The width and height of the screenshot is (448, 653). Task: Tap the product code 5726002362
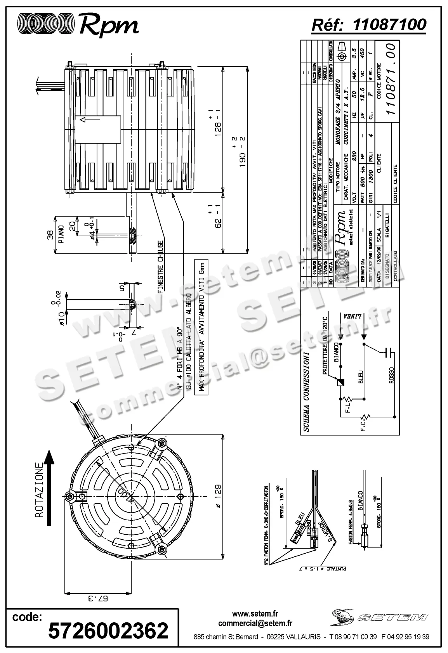click(x=108, y=630)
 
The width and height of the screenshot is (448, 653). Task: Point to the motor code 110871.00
click(x=391, y=78)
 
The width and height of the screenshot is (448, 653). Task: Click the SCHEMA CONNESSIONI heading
click(x=306, y=392)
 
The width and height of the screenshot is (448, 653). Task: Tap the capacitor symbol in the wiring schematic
click(x=389, y=353)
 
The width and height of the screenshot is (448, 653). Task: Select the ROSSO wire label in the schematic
click(x=391, y=375)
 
